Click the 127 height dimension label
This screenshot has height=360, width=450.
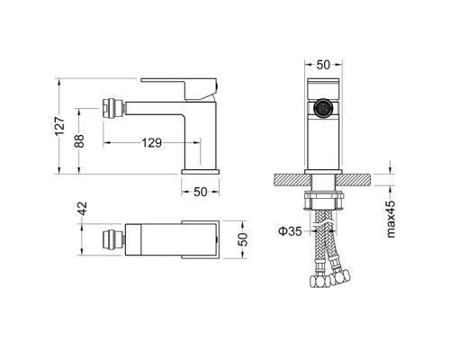[x=60, y=126]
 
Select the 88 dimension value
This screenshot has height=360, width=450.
[x=79, y=141]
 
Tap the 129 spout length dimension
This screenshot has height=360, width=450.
[x=152, y=143]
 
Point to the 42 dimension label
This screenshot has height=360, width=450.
[x=83, y=209]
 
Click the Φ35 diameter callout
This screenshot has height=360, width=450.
[x=290, y=231]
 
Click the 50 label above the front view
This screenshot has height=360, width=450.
[x=323, y=65]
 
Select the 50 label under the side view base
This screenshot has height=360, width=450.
[x=201, y=192]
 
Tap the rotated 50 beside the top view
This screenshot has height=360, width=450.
[x=243, y=239]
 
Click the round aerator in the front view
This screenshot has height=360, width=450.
[x=323, y=108]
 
